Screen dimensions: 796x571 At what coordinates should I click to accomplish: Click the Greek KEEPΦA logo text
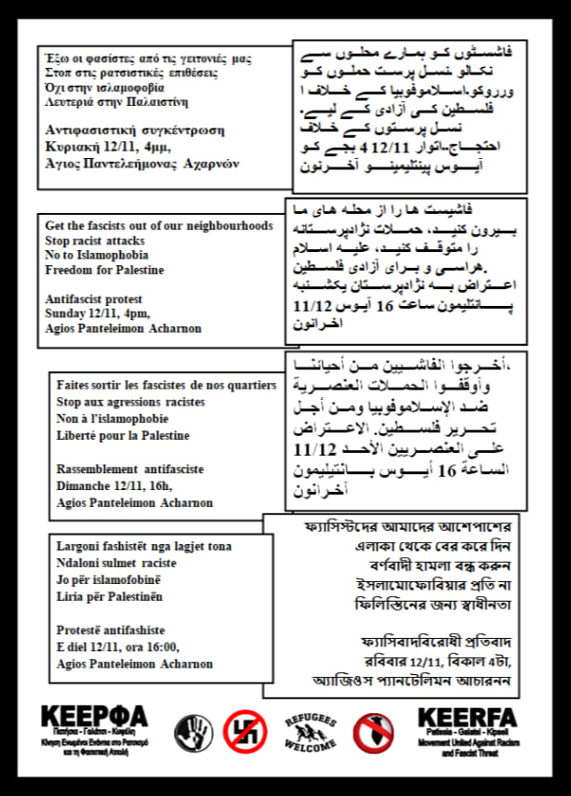click(94, 718)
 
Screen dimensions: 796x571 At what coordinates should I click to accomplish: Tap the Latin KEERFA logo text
click(467, 718)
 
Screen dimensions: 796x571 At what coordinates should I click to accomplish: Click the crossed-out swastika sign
click(246, 733)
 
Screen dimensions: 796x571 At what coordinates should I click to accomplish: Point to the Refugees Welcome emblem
click(311, 733)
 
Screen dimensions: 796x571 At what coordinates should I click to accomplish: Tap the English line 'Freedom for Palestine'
click(105, 271)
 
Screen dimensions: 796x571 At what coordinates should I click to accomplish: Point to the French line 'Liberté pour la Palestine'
click(123, 435)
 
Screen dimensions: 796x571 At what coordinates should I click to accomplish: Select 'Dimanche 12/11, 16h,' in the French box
click(114, 484)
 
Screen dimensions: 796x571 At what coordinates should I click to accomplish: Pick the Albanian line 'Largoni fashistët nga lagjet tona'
click(144, 546)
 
